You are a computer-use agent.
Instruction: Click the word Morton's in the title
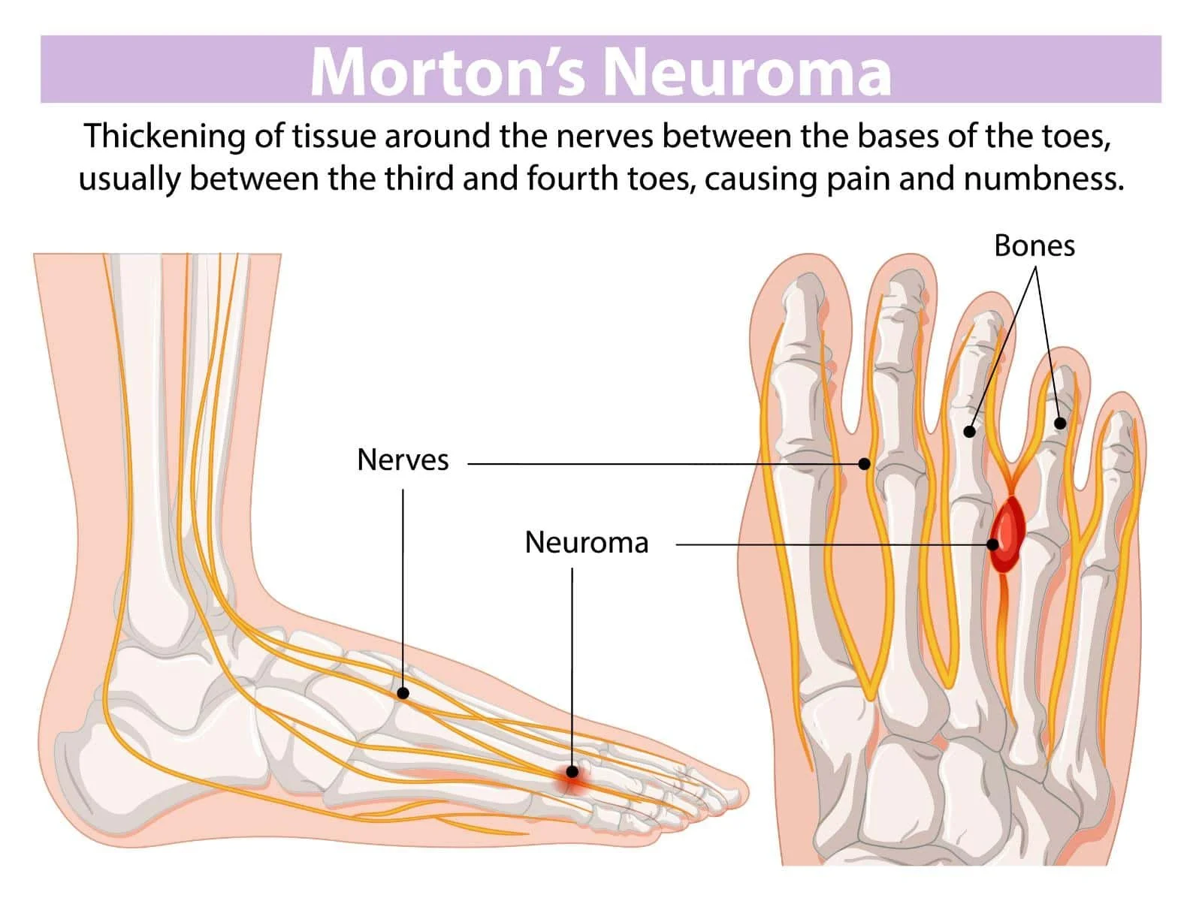click(447, 71)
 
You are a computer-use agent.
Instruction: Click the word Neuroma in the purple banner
click(747, 71)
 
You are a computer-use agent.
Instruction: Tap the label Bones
click(1034, 246)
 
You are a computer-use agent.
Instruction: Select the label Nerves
click(403, 460)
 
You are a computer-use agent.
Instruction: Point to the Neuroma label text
click(586, 542)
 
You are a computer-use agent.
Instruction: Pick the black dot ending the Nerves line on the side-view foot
click(403, 693)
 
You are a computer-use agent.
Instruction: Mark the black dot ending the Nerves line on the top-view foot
click(864, 464)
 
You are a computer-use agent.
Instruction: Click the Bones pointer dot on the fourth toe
click(1060, 423)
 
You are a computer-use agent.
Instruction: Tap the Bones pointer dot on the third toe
click(970, 432)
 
